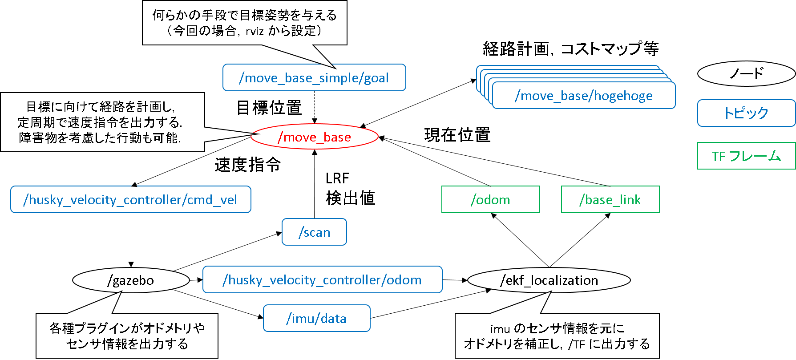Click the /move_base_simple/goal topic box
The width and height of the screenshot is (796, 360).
[x=314, y=78]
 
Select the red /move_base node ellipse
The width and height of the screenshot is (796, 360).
[x=314, y=137]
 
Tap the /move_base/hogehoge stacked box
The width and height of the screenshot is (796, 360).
[x=583, y=96]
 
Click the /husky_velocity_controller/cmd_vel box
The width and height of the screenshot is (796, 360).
[x=130, y=200]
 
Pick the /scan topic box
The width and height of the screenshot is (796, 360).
[x=314, y=232]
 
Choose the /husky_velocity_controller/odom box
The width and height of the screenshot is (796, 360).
[x=322, y=280]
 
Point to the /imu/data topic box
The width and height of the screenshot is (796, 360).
[x=316, y=319]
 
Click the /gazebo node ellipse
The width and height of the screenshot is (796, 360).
[x=131, y=280]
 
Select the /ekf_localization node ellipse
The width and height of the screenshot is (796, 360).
[x=549, y=280]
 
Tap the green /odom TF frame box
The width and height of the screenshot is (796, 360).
[x=490, y=200]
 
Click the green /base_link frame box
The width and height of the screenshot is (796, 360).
[x=610, y=200]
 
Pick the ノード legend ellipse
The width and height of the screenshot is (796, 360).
[x=746, y=73]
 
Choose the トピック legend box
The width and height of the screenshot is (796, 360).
[x=746, y=113]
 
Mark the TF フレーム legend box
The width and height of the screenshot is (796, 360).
[x=746, y=156]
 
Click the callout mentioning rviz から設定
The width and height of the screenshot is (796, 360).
[x=244, y=23]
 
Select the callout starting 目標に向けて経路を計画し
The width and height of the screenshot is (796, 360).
[x=102, y=122]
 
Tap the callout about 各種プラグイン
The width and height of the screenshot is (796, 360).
[x=127, y=336]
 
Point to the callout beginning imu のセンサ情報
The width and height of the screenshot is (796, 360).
[x=557, y=336]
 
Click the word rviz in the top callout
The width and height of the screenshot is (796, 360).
[x=255, y=31]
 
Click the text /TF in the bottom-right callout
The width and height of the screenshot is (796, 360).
[x=577, y=344]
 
